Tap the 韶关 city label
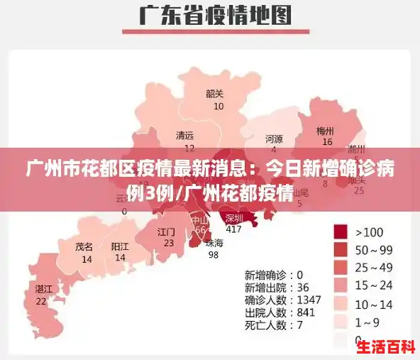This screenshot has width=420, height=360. coord(214,94)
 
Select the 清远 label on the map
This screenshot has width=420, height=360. coord(185,136)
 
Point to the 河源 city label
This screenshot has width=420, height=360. coord(274,138)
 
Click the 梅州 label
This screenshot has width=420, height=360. coord(325,131)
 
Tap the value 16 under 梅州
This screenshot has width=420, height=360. coord(327,142)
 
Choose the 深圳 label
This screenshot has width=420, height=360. coord(233,218)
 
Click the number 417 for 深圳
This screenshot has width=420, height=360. coord(233,229)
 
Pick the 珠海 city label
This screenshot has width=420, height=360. coord(214,243)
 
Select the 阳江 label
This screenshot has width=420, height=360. coord(120,246)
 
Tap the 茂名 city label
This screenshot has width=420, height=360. coord(84,247)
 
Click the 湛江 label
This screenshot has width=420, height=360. coord(43,289)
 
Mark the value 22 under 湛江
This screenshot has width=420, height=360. coord(41,300)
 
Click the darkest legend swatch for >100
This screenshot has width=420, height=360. coord(341,231)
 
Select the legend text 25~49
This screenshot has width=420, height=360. coord(374,267)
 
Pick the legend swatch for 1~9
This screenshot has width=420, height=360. coord(341,322)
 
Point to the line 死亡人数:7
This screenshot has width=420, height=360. coord(274,325)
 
